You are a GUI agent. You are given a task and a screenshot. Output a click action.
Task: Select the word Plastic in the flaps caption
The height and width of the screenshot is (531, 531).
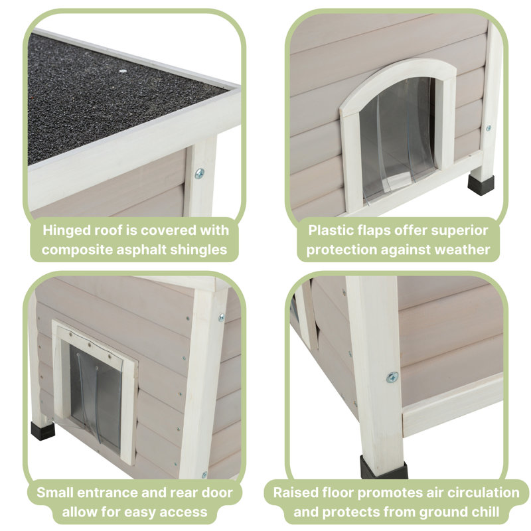coord(331,230)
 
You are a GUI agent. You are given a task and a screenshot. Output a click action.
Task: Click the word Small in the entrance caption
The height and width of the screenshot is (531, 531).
coord(55,493)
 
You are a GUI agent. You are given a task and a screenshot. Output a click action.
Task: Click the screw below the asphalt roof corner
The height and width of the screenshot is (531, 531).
coord(200,174)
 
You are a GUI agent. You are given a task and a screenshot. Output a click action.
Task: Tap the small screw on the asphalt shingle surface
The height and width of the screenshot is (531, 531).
coord(123,71)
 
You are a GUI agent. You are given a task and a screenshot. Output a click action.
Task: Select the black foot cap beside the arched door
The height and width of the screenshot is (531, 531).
coord(481,185)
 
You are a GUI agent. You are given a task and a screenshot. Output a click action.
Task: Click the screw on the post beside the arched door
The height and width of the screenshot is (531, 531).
coord(489,128)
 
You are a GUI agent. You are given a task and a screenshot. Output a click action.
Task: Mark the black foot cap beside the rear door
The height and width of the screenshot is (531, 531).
coord(42,430)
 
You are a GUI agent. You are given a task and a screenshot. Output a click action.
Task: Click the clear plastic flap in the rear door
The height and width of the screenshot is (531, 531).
coord(96,399)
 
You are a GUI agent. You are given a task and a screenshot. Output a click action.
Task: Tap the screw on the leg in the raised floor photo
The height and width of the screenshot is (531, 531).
coord(392,377)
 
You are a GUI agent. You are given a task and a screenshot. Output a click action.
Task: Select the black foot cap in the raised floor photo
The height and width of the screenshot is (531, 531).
coord(384,467)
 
